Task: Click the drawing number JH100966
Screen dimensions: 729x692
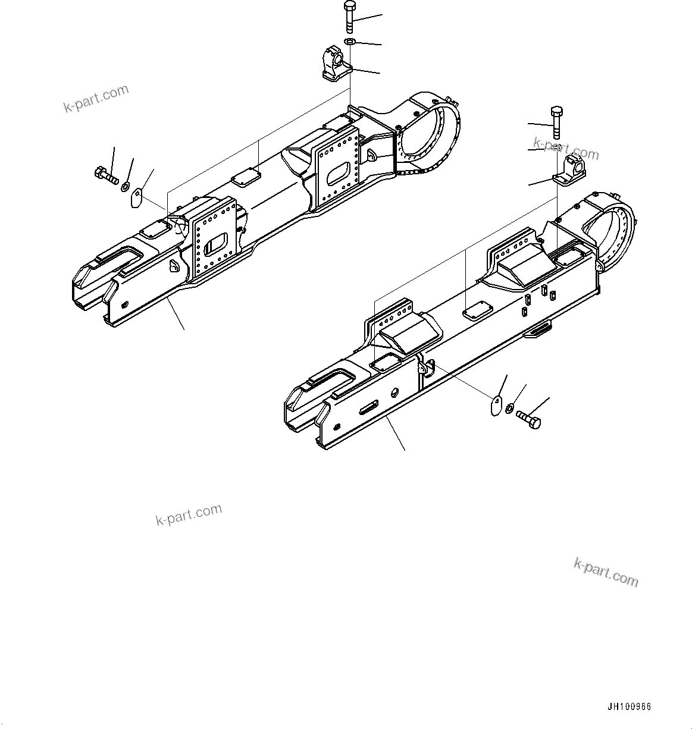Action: tap(629, 707)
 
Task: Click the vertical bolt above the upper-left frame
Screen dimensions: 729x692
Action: tap(349, 17)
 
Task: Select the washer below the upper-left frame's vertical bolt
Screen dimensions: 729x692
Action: tap(350, 42)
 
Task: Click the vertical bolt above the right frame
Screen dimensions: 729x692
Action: tap(556, 122)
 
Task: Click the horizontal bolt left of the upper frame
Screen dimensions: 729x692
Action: tap(106, 175)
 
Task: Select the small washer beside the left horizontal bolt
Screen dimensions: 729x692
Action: tap(126, 187)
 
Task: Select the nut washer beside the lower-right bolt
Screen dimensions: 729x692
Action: tap(510, 409)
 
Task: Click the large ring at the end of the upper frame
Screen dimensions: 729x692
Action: tap(428, 134)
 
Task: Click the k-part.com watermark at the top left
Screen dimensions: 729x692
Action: tap(96, 99)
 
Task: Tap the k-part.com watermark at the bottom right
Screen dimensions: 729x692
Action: tap(606, 572)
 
